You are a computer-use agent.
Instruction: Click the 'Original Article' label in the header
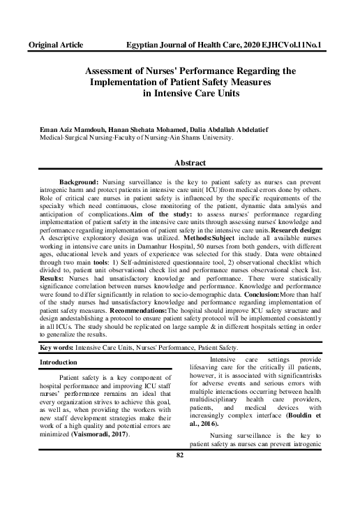55,45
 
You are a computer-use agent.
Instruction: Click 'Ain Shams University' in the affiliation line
200,138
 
